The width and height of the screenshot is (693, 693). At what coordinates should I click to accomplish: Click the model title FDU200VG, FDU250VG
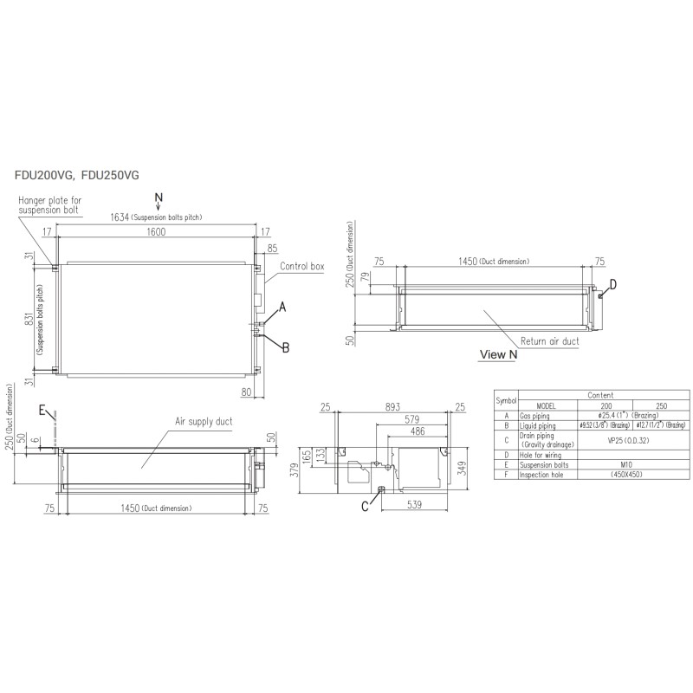[x=76, y=175]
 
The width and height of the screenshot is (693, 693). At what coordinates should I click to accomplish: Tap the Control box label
[x=301, y=268]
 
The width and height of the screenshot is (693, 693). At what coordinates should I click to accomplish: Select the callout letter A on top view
[x=282, y=307]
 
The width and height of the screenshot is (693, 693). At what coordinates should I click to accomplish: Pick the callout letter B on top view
[x=285, y=346]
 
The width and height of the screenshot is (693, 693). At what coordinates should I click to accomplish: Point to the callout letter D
[x=612, y=283]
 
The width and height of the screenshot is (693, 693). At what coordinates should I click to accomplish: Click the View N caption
[x=498, y=354]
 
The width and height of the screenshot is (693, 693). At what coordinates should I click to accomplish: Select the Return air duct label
[x=550, y=341]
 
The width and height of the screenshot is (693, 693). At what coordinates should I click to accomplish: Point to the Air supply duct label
[x=204, y=421]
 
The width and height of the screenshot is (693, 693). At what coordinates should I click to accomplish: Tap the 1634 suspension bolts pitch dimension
[x=156, y=217]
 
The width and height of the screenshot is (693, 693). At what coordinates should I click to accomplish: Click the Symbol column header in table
[x=505, y=400]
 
